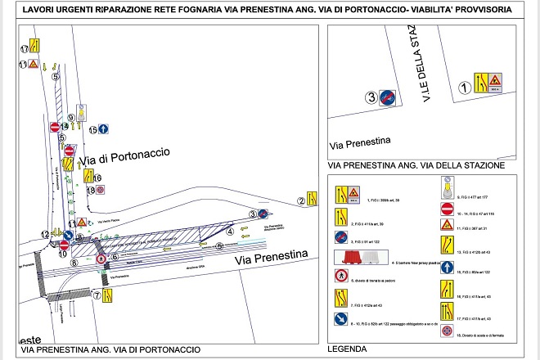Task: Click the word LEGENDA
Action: point(346,349)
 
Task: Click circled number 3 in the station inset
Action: point(371,98)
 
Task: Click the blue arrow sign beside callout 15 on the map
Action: point(105,129)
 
